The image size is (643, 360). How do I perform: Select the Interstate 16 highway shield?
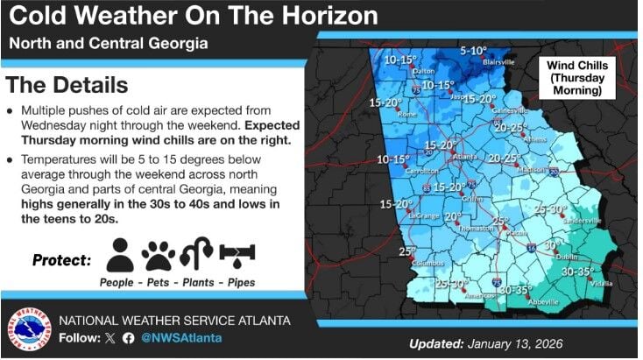533,250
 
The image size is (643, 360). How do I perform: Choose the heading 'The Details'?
67,85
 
